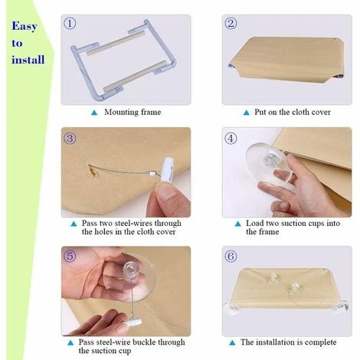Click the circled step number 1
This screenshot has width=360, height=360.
tap(70, 24)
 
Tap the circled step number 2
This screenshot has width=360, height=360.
tap(231, 24)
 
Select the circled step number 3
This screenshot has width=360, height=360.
tap(70, 139)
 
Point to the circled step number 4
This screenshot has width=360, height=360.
tap(231, 139)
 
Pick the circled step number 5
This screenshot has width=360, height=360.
tap(70, 256)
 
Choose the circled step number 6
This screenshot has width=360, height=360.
tap(231, 256)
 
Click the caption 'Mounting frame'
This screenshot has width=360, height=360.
tap(133, 112)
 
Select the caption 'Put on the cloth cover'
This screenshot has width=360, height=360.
tap(293, 112)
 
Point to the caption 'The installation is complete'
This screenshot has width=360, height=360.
tap(290, 342)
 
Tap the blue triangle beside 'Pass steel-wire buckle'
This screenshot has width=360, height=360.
tap(73, 342)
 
